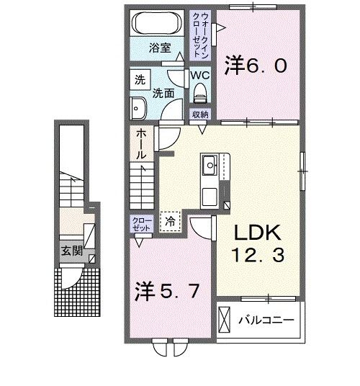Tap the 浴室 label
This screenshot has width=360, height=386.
159,48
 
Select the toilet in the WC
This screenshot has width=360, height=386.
200,90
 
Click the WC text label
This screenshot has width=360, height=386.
199,74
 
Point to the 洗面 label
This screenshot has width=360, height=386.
162,92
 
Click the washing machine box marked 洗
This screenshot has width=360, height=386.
138,80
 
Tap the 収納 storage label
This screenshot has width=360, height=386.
199,115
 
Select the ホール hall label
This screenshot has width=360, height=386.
142,144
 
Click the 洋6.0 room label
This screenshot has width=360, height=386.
257,65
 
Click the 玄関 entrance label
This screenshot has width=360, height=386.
71,252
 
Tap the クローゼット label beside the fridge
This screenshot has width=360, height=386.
141,223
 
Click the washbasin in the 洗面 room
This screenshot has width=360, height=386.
138,109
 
